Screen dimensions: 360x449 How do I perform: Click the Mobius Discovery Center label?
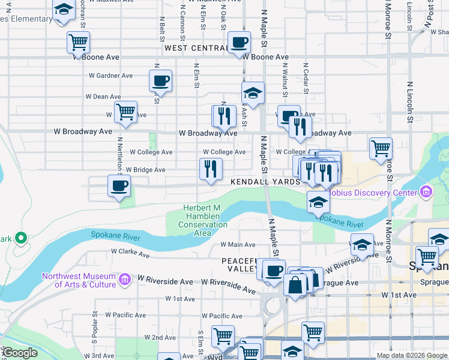376,193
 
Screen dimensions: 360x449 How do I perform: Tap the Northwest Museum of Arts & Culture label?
79,280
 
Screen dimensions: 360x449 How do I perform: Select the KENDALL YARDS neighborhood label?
264,181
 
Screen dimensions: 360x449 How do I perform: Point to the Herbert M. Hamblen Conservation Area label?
203,220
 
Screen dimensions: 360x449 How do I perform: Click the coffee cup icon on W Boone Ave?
239,43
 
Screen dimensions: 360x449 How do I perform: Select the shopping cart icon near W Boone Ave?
78,43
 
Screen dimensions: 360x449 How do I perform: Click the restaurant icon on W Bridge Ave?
211,169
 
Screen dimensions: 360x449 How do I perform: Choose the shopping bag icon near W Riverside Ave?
295,284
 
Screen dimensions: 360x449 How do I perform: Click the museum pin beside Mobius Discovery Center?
426,193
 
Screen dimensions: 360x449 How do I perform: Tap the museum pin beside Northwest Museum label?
124,279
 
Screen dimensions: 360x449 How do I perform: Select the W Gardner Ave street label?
110,76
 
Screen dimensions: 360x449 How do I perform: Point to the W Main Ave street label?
238,244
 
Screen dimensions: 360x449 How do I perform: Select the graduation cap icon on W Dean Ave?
253,92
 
